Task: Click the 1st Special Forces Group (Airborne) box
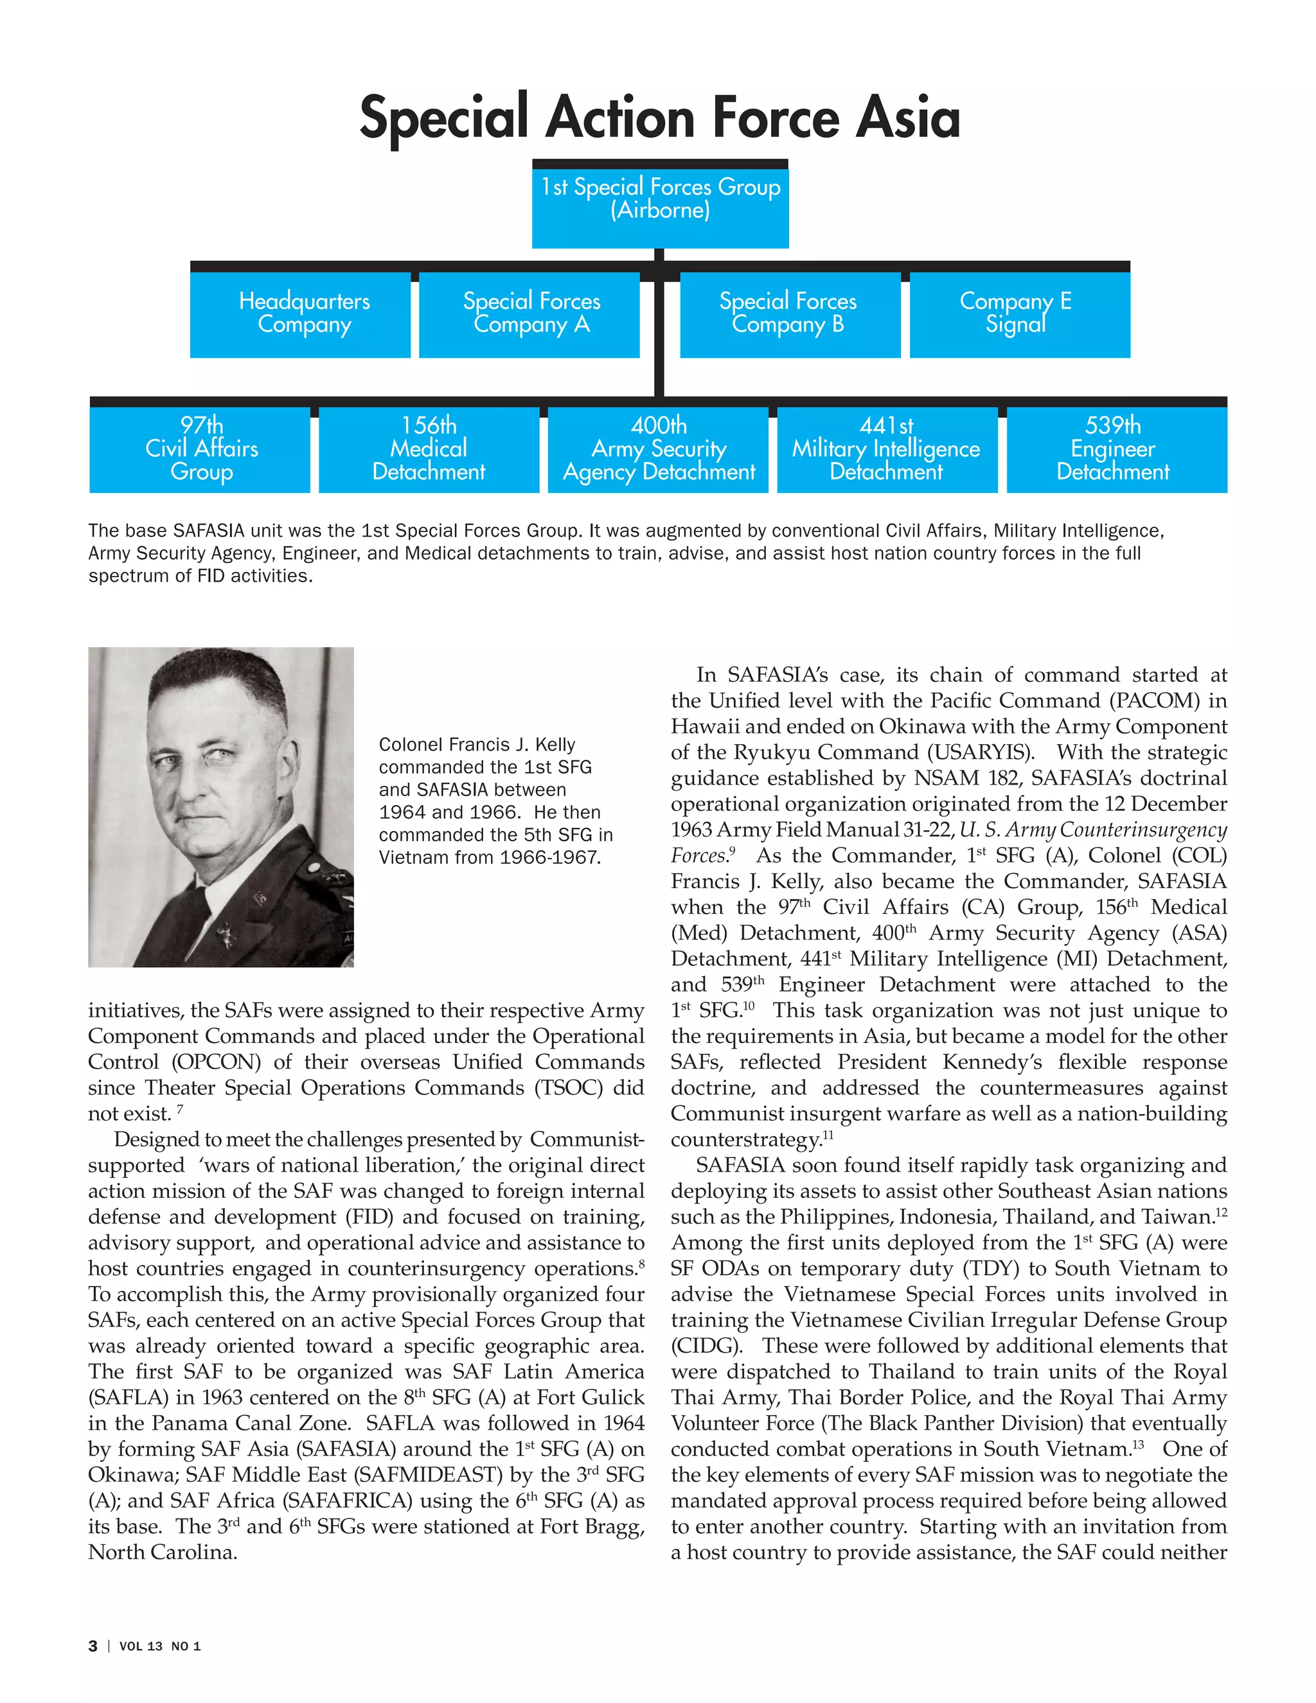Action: (661, 204)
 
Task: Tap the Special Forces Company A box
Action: (529, 314)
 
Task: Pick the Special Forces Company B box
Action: (789, 314)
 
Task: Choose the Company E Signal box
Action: (1019, 314)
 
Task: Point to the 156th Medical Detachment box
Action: (429, 449)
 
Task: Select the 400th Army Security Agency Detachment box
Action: (658, 449)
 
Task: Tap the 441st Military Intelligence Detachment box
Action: (886, 449)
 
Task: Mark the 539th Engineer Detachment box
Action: (1116, 449)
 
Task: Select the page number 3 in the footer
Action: (93, 1646)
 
